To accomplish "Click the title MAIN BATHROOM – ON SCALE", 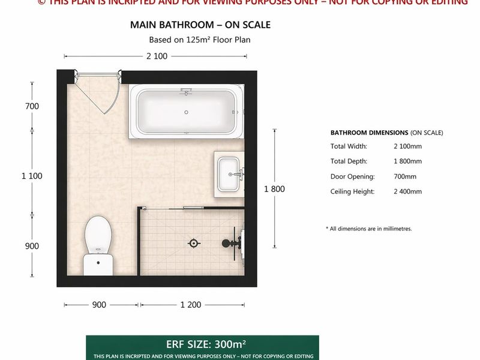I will click(x=200, y=25).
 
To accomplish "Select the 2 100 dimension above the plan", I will click(x=155, y=56).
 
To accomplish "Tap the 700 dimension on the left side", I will click(x=32, y=106).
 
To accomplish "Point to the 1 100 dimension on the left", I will click(x=32, y=176).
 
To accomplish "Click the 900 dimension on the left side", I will click(x=32, y=246).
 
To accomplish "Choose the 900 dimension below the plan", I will click(x=99, y=305).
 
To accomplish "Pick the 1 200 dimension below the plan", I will click(x=191, y=305).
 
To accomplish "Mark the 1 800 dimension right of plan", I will click(x=274, y=188).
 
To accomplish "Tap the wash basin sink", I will click(x=229, y=173).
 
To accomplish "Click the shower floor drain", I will click(x=193, y=243).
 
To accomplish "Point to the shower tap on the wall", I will click(x=230, y=243).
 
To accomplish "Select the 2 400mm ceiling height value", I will click(x=407, y=191).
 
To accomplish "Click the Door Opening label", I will click(x=352, y=176).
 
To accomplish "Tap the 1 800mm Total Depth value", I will click(x=407, y=161).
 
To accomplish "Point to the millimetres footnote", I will click(x=368, y=229).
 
